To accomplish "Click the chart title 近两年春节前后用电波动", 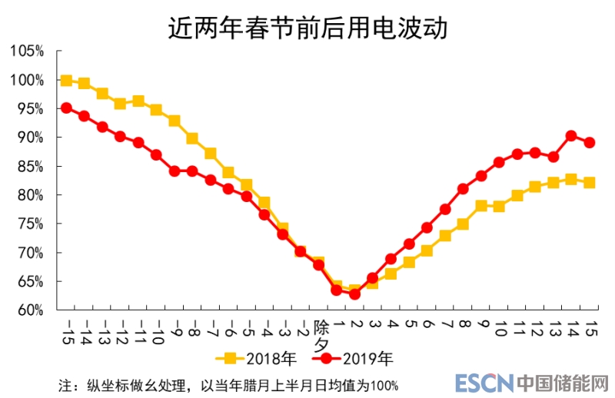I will [307, 28].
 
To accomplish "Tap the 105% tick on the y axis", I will [27, 51].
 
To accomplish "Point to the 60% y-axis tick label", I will [30, 310].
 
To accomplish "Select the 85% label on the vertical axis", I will [30, 167].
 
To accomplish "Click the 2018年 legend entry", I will [254, 358].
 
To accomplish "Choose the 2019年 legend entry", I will [355, 358].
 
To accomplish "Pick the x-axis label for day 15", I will [590, 331].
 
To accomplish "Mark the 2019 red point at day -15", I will [66, 108].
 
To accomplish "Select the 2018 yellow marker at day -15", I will [66, 81].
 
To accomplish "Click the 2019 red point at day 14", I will [571, 136].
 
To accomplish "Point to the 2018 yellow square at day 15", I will [590, 182].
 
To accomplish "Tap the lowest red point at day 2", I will [354, 294].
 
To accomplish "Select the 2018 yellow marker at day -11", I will [138, 101].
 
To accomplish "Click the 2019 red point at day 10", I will [499, 162].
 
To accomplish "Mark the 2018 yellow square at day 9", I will [481, 206].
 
